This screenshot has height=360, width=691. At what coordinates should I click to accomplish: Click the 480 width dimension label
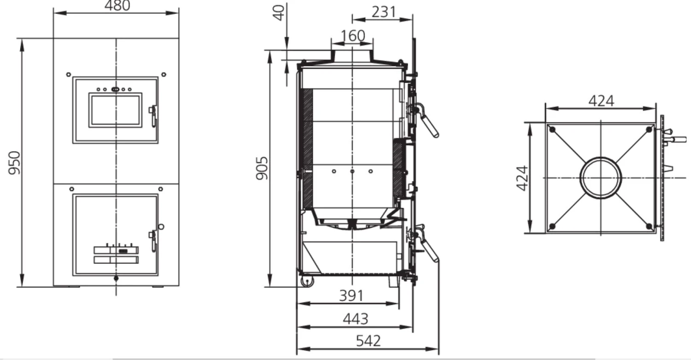point(117,6)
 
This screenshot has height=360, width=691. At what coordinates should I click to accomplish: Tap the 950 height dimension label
point(14,163)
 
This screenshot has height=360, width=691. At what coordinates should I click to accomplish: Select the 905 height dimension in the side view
point(262,168)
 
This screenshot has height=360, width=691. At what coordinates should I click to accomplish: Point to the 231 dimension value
point(383,12)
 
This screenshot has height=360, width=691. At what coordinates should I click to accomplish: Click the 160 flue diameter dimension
point(353,35)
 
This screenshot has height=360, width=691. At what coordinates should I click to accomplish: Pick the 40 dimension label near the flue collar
point(279,13)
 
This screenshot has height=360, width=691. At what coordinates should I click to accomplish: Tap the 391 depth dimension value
point(351,295)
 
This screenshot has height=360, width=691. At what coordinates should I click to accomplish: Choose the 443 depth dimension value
point(355,319)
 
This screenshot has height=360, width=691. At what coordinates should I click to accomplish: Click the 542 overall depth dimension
point(369,341)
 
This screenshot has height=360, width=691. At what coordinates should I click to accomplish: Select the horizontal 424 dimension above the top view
point(601,101)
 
